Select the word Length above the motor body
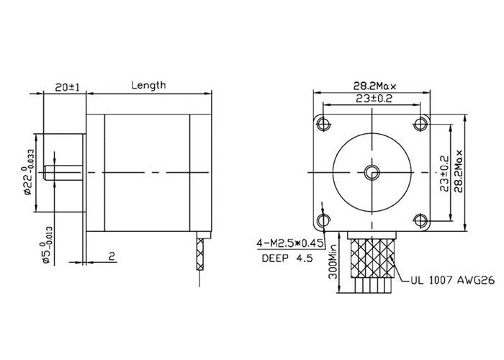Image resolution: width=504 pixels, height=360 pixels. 148,85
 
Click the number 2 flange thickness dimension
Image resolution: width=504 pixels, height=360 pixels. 112,256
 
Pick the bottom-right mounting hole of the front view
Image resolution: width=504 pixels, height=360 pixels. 420,220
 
